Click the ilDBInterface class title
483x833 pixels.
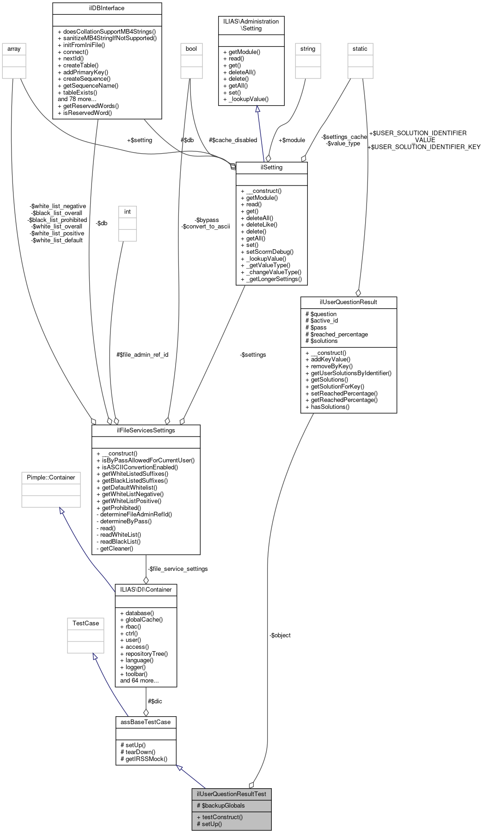[x=107, y=8]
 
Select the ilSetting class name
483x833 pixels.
[x=271, y=168]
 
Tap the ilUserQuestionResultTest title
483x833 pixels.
[x=231, y=794]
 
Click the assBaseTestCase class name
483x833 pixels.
[x=146, y=722]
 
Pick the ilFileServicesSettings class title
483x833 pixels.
[x=146, y=430]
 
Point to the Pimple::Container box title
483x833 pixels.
[x=51, y=477]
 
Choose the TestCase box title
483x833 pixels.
[x=86, y=623]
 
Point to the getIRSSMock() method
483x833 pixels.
[x=146, y=759]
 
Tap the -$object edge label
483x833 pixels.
[x=280, y=635]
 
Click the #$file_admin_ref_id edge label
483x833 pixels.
[x=142, y=355]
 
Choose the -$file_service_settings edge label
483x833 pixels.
[x=177, y=569]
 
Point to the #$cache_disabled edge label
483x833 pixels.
[x=233, y=140]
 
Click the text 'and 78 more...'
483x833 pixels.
[x=77, y=99]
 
